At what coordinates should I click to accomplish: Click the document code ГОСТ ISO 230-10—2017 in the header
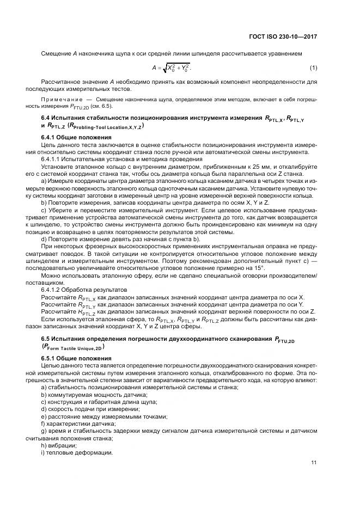click(x=282, y=36)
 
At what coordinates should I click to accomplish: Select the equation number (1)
click(x=314, y=68)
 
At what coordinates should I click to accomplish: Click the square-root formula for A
click(x=172, y=68)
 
